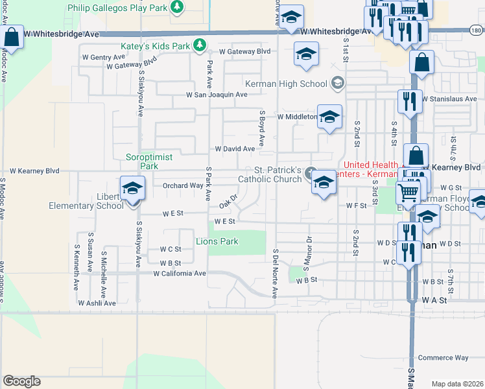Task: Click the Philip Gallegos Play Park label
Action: (118, 7)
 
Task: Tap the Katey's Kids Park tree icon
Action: (201, 45)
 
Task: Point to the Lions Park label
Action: (217, 241)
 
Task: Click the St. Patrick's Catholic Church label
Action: (269, 174)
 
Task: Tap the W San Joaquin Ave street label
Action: (217, 95)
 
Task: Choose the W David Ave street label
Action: (235, 148)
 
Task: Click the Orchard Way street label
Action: (182, 185)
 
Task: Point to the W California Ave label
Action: (180, 274)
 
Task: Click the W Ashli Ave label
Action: (94, 303)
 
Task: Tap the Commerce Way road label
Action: (443, 358)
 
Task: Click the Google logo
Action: (21, 381)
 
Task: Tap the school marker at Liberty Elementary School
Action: (133, 189)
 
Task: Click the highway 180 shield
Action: (476, 30)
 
